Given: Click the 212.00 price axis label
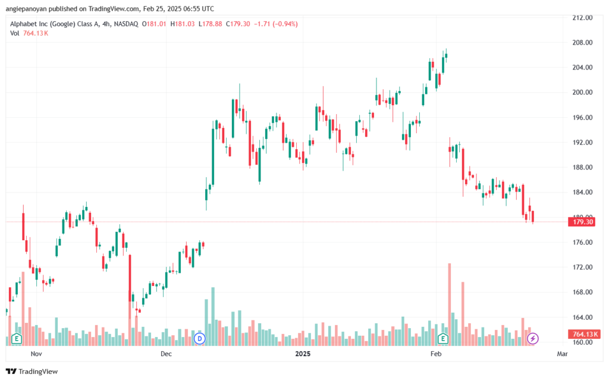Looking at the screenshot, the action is click(583, 17).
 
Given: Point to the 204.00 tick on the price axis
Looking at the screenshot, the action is click(583, 68).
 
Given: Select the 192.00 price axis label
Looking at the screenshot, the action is click(583, 143).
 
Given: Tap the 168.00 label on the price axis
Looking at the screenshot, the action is click(583, 292).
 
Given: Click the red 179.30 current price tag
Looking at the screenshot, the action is click(582, 222).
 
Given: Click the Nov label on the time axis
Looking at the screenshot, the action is click(36, 354).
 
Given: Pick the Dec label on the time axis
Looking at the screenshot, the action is click(166, 354).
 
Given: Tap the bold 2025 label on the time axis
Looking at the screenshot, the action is click(303, 354).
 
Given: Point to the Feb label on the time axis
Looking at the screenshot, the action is click(436, 354).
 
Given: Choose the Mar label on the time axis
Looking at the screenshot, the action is click(562, 354).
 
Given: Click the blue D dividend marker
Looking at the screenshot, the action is click(200, 339).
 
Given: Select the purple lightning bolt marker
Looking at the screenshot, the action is click(532, 339).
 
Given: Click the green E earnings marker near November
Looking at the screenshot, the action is click(16, 339).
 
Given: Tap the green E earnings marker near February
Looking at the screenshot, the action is click(442, 339).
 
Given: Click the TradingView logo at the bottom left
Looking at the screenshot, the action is click(32, 371).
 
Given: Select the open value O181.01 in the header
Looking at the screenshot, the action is click(154, 24).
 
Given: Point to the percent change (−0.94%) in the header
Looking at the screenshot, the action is click(285, 24).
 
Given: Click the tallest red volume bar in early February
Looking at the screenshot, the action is click(450, 304).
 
